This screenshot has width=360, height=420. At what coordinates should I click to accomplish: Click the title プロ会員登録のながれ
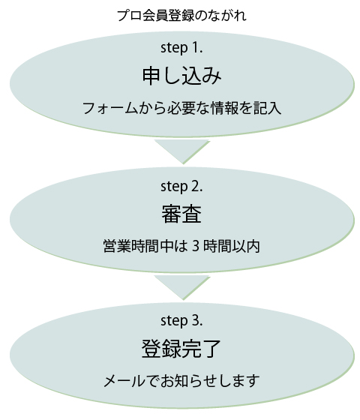click(181, 16)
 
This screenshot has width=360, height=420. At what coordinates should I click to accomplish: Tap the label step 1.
click(181, 48)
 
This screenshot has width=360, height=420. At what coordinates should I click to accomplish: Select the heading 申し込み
click(181, 76)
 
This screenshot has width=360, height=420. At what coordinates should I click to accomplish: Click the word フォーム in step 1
click(109, 109)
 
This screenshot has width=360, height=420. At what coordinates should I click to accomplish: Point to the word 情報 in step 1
click(224, 109)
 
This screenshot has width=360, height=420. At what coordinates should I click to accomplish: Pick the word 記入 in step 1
click(267, 109)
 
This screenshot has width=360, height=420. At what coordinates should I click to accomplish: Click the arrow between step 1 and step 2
click(182, 151)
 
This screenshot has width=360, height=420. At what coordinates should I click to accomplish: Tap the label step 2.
click(181, 187)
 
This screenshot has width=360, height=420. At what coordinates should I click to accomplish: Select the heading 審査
click(181, 214)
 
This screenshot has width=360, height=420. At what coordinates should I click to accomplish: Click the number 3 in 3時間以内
click(196, 246)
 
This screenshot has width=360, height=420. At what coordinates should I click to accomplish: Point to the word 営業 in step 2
click(117, 246)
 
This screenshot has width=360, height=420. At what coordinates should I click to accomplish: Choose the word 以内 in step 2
click(246, 246)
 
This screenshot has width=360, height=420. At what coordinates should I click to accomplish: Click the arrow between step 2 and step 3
click(182, 287)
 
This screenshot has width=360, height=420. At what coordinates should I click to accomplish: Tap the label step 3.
click(181, 321)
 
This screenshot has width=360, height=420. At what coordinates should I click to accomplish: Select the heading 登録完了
click(181, 349)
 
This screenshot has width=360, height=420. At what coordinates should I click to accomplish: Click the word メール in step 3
click(124, 381)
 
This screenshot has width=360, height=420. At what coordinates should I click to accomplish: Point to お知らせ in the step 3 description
click(187, 381)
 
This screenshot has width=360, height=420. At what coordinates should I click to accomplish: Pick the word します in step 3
click(239, 381)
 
